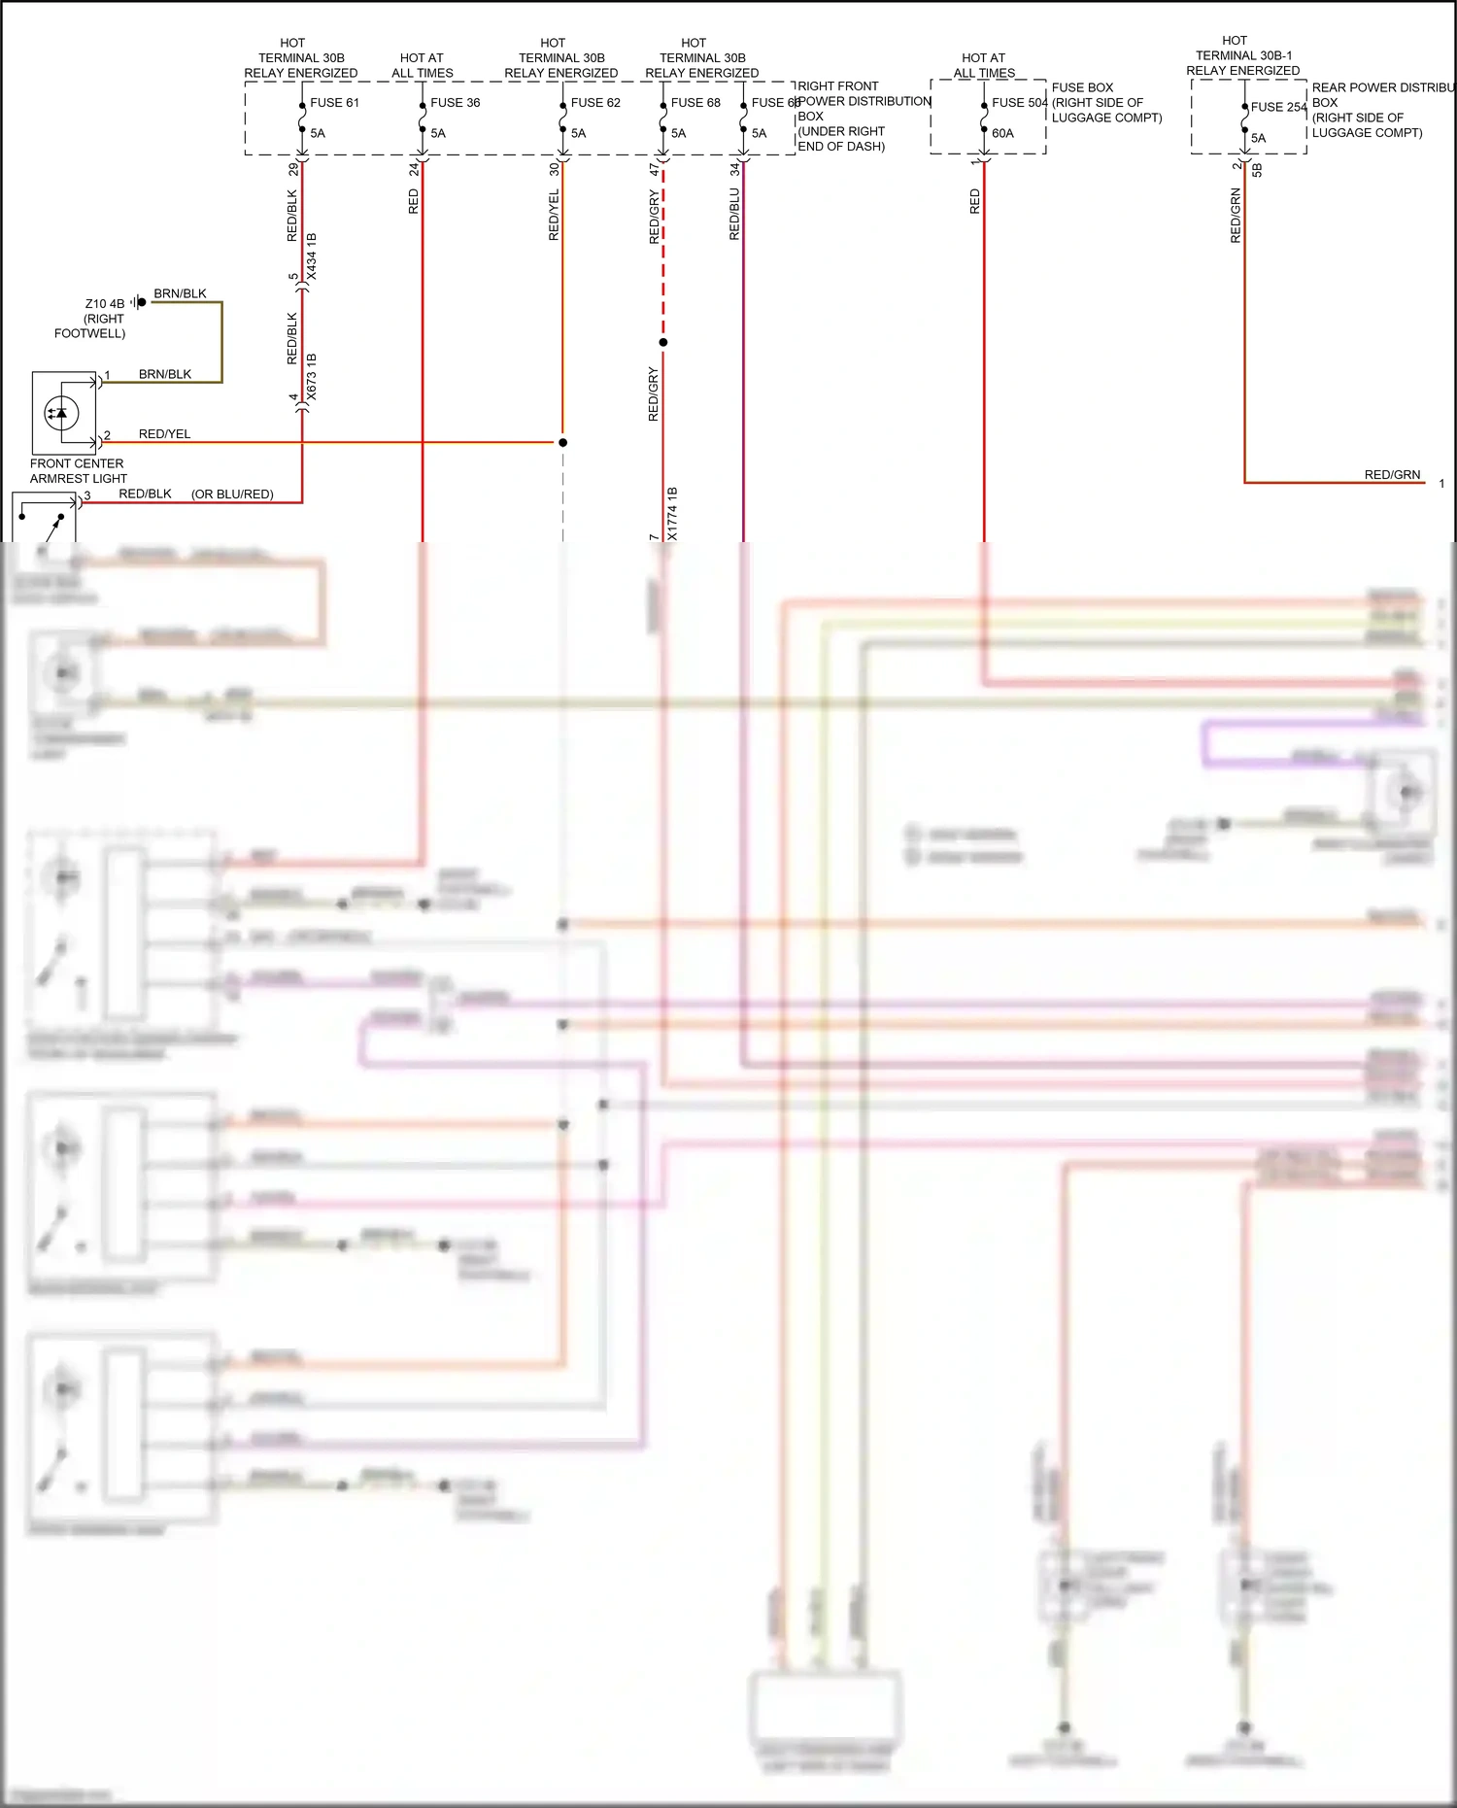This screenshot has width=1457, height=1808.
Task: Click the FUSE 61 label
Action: (334, 102)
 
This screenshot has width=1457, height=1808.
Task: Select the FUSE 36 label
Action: (455, 102)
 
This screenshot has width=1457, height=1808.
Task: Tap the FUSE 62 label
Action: (594, 102)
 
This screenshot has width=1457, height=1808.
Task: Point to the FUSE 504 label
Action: (1019, 102)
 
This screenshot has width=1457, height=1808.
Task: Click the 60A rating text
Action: (1002, 133)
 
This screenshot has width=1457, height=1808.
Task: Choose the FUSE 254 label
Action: (1278, 107)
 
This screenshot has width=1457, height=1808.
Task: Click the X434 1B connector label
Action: (312, 256)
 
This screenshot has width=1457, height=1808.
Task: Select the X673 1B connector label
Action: (312, 377)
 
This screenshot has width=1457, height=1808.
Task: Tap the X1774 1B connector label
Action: (672, 513)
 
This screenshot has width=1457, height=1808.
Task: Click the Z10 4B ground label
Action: (104, 303)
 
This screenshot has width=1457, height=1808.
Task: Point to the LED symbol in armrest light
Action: (61, 413)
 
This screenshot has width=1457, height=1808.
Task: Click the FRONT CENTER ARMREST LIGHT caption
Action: (77, 471)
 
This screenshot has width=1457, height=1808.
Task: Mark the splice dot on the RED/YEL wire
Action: (562, 442)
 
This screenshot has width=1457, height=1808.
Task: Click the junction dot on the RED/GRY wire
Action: (663, 342)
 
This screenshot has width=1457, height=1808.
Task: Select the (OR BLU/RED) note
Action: (232, 494)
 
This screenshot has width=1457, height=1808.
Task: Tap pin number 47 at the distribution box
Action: (654, 169)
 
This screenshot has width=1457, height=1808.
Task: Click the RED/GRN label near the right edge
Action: (1392, 474)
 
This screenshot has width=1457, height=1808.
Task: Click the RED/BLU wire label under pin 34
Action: (734, 214)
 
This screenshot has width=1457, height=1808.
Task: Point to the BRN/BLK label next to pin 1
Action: (165, 374)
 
